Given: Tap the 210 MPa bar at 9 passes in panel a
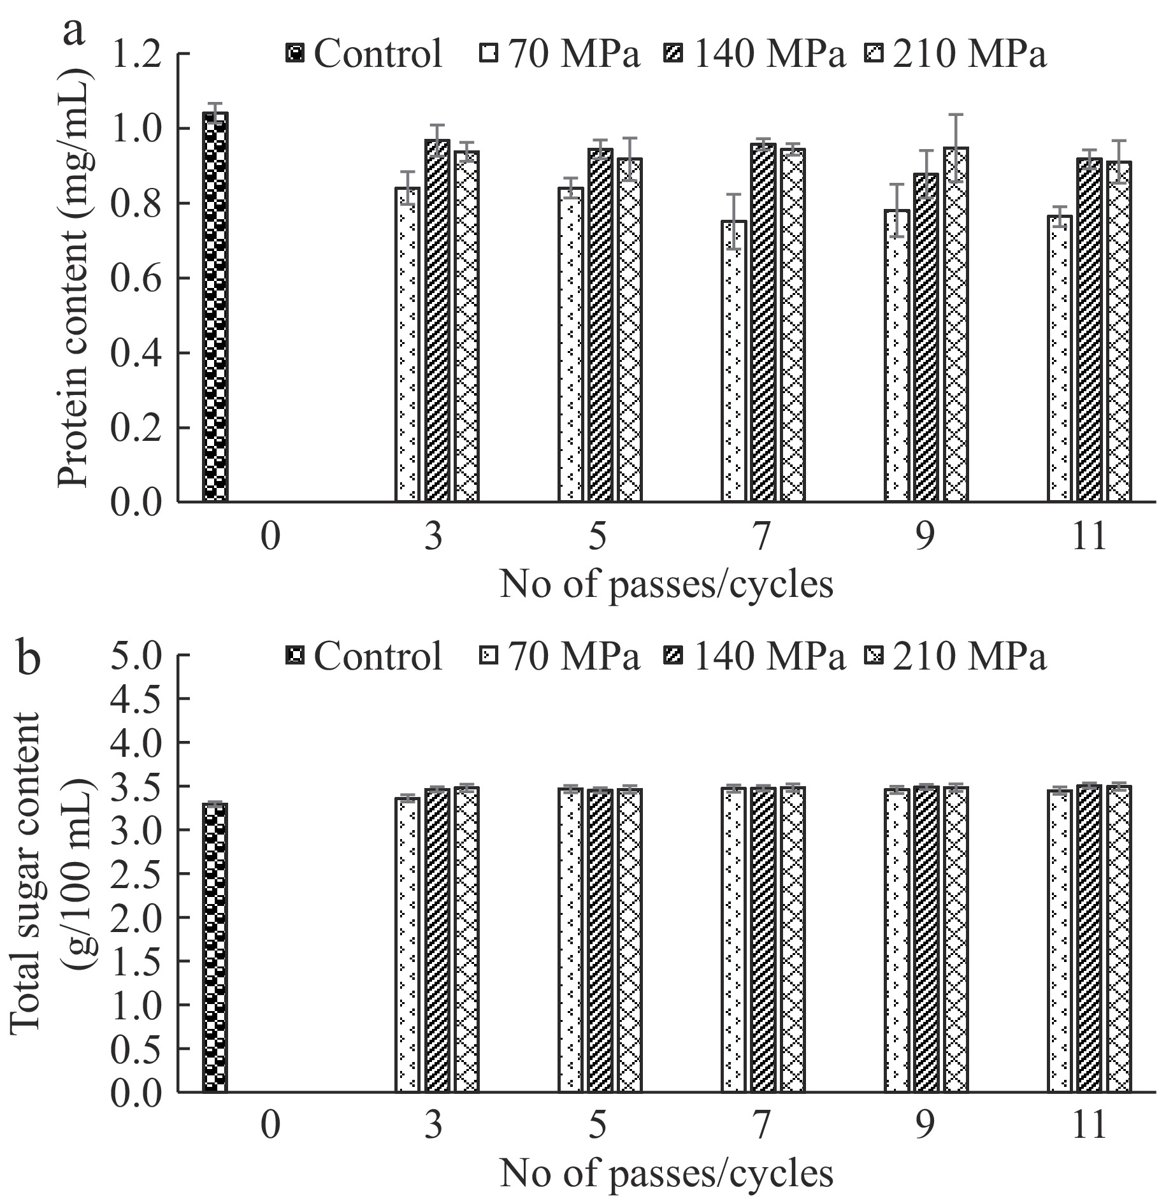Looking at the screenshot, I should click(956, 325).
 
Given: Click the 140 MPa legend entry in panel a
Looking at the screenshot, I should click(758, 54).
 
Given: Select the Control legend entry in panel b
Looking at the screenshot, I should click(364, 656).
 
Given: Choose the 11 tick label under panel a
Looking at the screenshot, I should click(1088, 537).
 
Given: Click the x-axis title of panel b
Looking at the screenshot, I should click(666, 1174).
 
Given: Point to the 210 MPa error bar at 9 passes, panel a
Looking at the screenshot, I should click(956, 148).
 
